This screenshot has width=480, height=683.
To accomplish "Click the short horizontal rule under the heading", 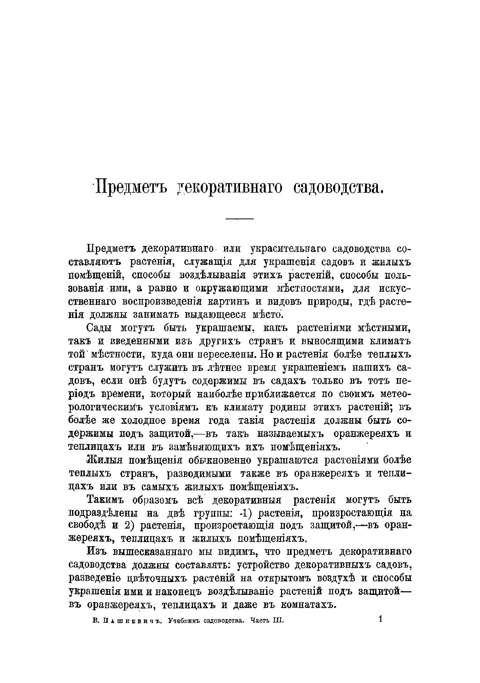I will [240, 219].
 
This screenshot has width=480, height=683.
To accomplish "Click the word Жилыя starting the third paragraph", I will [101, 460].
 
